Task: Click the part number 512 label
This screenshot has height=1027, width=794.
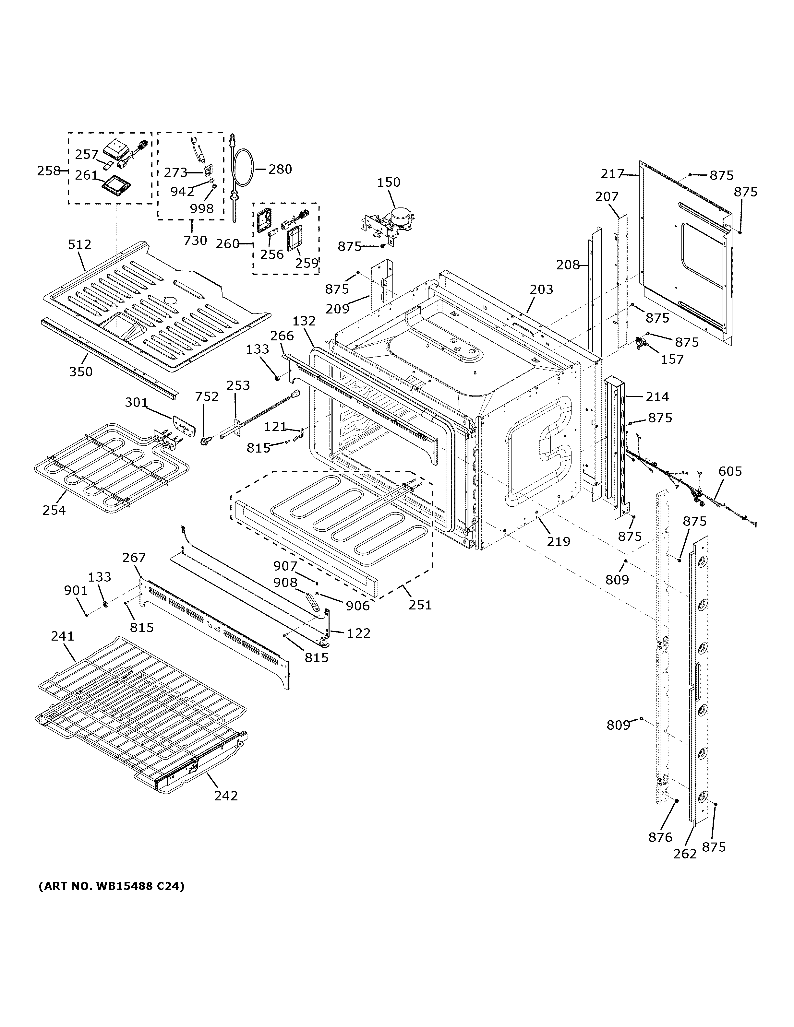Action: pos(79,244)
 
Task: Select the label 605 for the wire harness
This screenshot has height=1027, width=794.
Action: pos(730,471)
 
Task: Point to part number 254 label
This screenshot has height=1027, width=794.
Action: pos(54,510)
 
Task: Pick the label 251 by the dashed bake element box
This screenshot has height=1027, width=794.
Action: pos(420,604)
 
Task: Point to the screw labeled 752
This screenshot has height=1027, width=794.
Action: pos(205,442)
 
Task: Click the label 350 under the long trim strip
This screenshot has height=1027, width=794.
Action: pos(81,372)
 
